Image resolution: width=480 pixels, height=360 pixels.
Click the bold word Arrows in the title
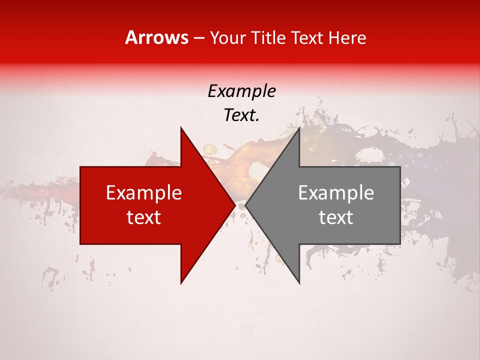156,37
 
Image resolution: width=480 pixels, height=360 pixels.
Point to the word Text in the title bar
307,37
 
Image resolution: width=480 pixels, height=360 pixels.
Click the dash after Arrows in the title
198,38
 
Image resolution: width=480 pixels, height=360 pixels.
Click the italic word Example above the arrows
241,91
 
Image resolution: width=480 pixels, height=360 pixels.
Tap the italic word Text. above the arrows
241,115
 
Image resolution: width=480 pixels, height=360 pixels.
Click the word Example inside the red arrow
144,193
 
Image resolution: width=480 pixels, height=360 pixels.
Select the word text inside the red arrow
144,217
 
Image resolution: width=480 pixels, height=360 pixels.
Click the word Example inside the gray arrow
336,193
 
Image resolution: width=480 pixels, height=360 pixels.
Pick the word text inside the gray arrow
336,217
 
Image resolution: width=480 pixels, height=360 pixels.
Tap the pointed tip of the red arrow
235,205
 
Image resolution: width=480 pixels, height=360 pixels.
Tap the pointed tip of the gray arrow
245,205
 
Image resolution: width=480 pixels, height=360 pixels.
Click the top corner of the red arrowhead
181,128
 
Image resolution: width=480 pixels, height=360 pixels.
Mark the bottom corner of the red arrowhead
181,283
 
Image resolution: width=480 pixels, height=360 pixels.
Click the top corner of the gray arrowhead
299,128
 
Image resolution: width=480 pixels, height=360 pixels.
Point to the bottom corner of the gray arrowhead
299,283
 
